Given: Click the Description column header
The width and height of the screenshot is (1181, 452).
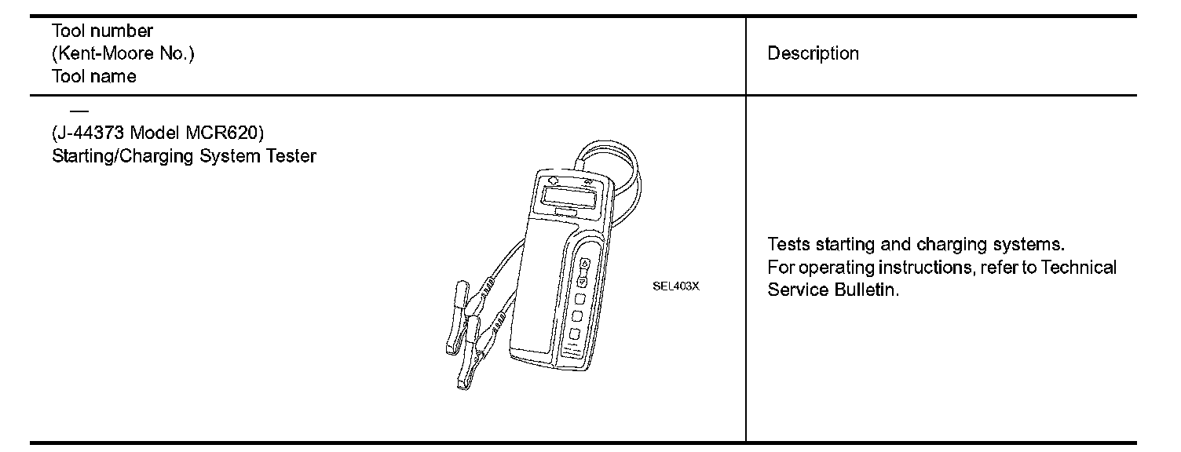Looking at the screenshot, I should click(813, 53).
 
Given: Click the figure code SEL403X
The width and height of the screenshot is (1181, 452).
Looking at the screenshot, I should click(675, 286).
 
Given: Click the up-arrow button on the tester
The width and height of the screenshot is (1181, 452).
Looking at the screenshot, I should click(584, 264).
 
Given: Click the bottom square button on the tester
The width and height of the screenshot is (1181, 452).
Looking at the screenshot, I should click(575, 334).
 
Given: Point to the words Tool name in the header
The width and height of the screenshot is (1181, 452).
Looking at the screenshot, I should click(93, 76).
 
